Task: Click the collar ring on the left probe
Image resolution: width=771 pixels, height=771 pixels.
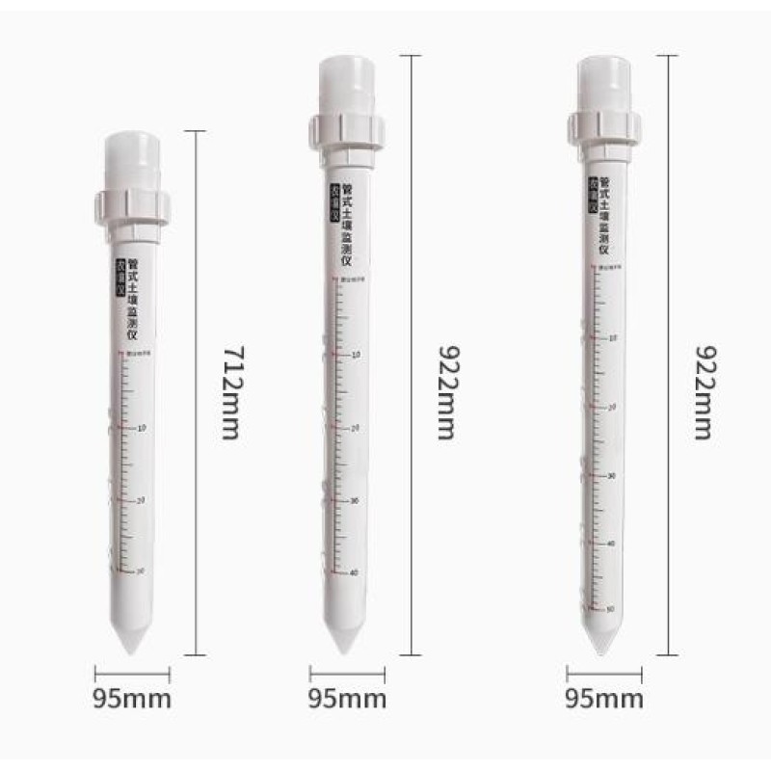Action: tap(132, 206)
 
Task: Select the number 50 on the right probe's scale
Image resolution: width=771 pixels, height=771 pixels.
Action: tap(610, 609)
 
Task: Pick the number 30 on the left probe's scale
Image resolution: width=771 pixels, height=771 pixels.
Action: tap(142, 571)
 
